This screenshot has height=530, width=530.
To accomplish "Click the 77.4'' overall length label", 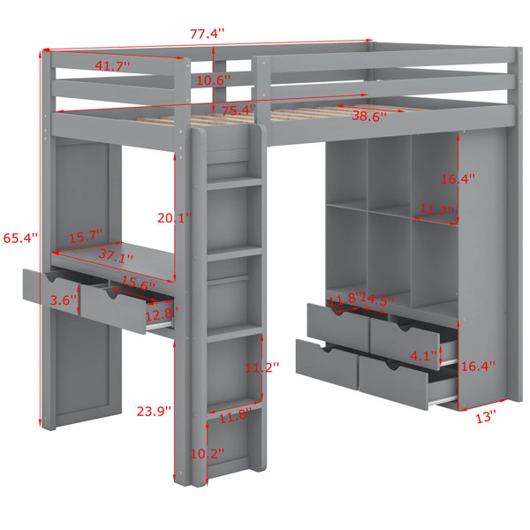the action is pyautogui.click(x=207, y=34).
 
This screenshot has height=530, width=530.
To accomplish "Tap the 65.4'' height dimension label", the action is pyautogui.click(x=20, y=238).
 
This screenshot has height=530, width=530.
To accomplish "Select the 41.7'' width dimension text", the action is pyautogui.click(x=112, y=65).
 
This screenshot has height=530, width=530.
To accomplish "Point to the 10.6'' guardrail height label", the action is pyautogui.click(x=214, y=80).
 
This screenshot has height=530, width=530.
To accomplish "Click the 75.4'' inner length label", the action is pyautogui.click(x=238, y=110).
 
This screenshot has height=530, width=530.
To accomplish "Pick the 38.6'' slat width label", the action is pyautogui.click(x=369, y=117).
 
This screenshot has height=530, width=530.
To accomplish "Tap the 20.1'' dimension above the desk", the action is pyautogui.click(x=174, y=218).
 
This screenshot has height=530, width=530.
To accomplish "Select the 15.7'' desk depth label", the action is pyautogui.click(x=86, y=236).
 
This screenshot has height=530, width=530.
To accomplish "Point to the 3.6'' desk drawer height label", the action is pyautogui.click(x=64, y=299).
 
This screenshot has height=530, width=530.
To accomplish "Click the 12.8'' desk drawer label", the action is pyautogui.click(x=162, y=314).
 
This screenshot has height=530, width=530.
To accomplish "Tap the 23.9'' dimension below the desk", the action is pyautogui.click(x=154, y=412).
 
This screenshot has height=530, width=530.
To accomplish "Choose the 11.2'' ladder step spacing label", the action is pyautogui.click(x=262, y=367).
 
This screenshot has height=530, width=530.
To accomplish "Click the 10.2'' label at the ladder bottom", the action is pyautogui.click(x=208, y=454).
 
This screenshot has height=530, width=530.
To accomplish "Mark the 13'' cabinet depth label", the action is pyautogui.click(x=486, y=417).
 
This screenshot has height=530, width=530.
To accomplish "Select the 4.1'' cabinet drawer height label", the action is pyautogui.click(x=423, y=356).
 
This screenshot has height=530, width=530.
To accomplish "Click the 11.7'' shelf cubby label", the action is pyautogui.click(x=436, y=210).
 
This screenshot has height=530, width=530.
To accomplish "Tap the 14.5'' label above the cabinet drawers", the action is pyautogui.click(x=377, y=299).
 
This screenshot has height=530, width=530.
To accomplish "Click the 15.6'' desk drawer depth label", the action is pyautogui.click(x=138, y=284).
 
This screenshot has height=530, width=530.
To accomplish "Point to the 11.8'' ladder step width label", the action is pyautogui.click(x=236, y=416).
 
